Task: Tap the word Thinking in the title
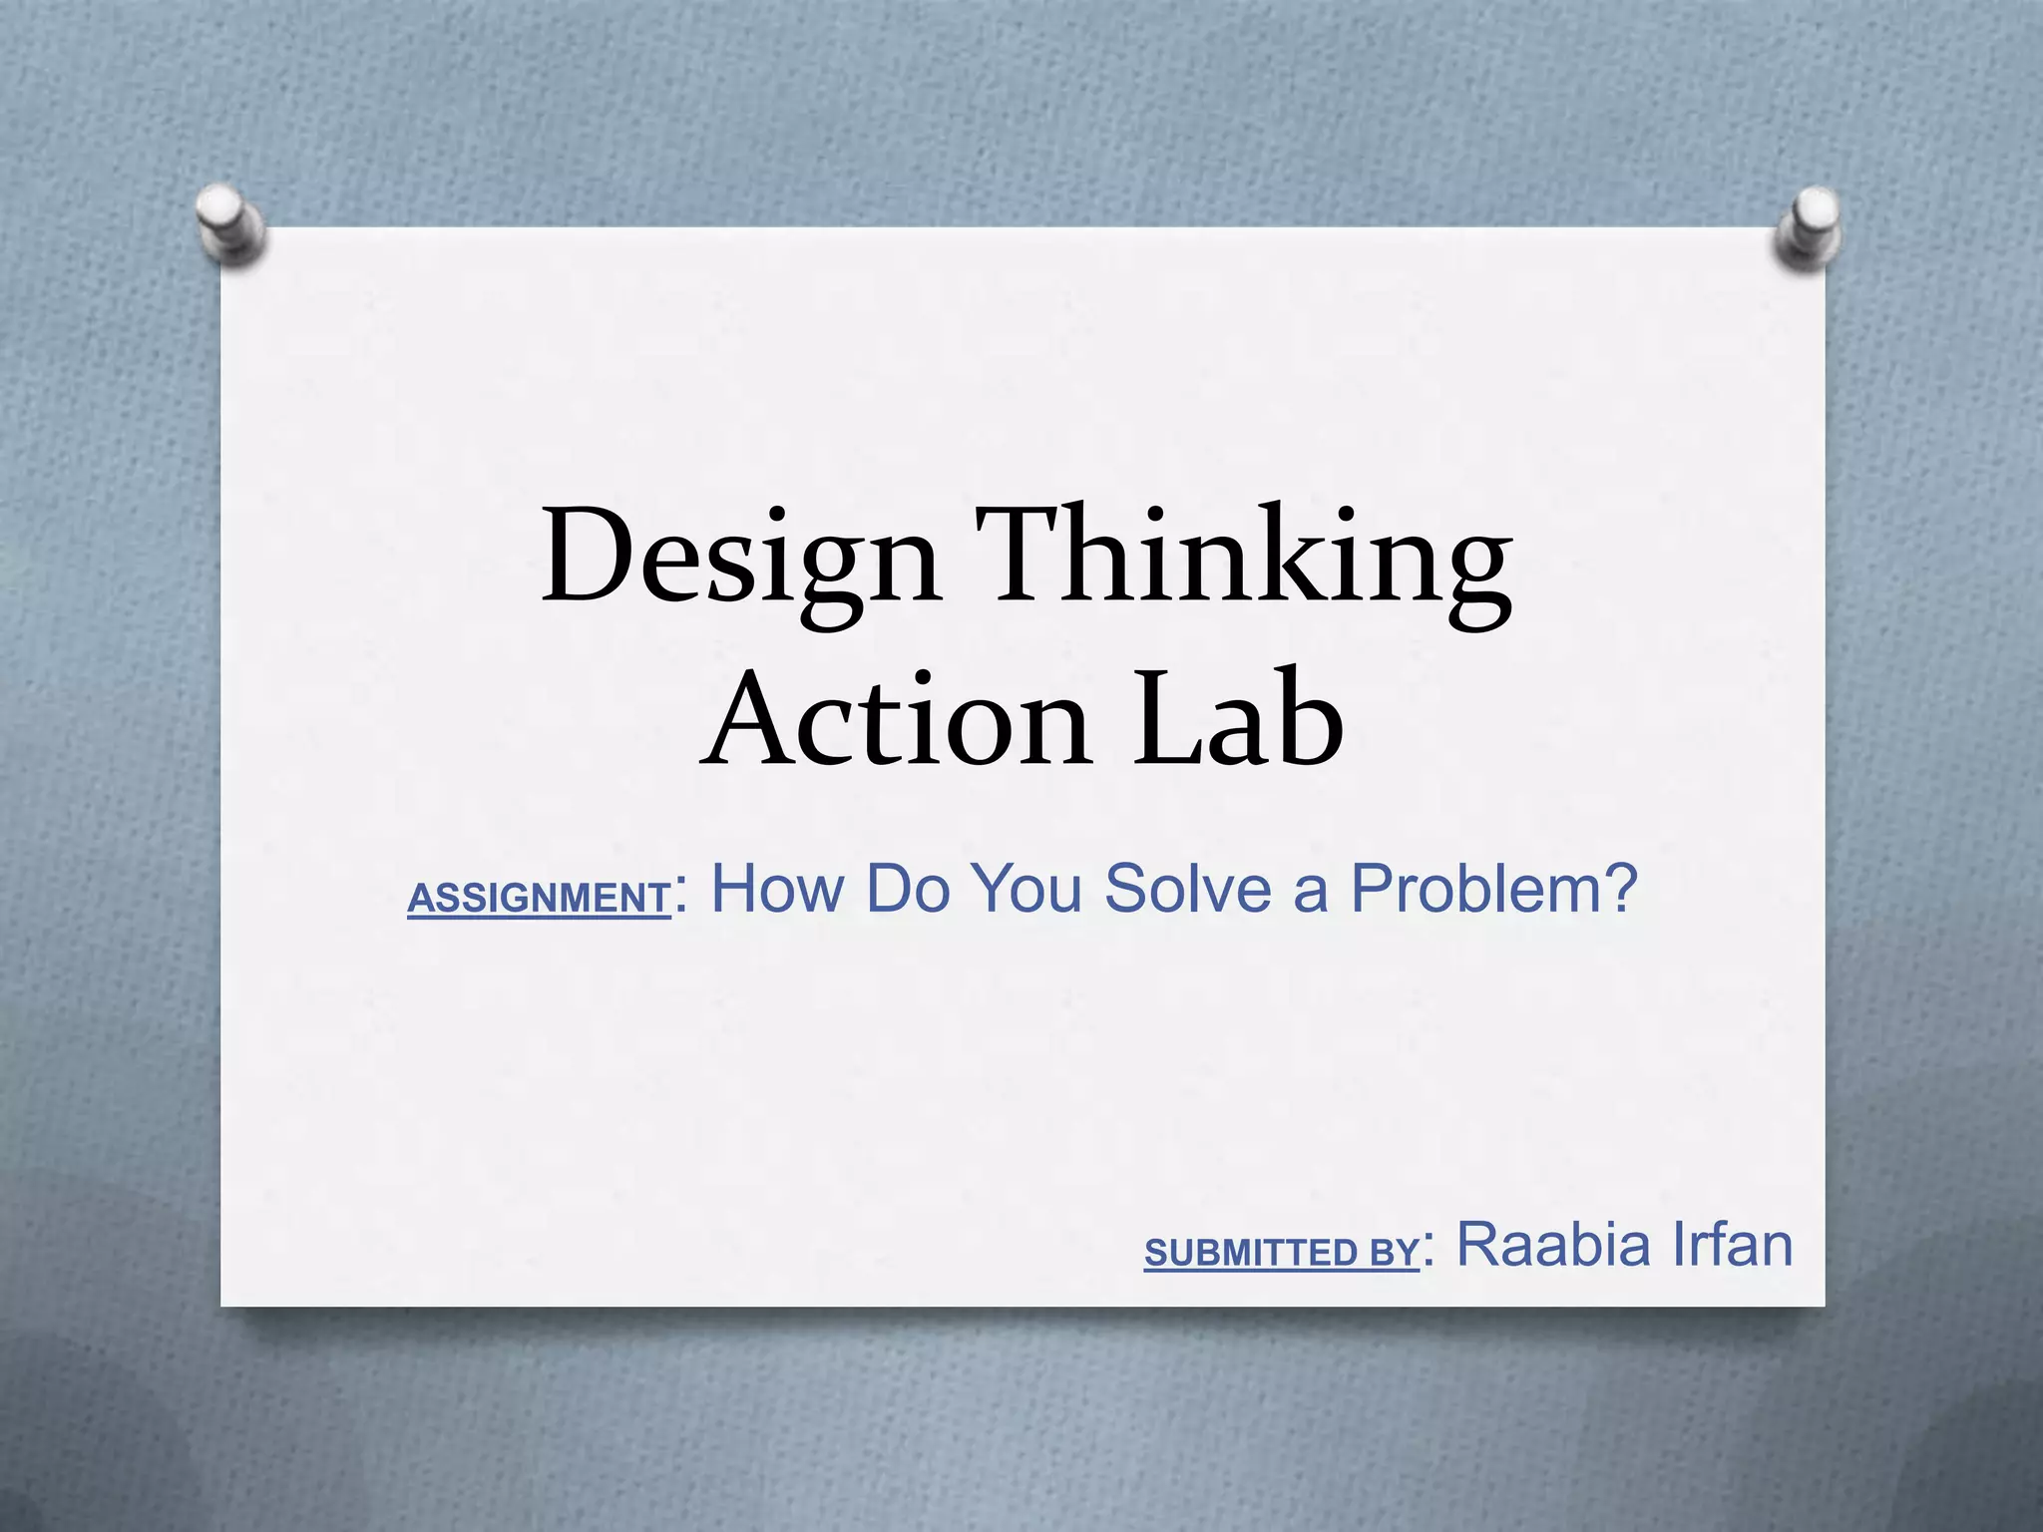[1242, 559]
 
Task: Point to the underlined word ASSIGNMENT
[539, 899]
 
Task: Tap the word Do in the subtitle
[908, 888]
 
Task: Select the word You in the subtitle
[1026, 888]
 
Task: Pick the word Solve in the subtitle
[1188, 888]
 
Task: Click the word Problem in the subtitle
[1475, 888]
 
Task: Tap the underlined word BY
[1395, 1253]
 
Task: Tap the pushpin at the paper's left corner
[230, 223]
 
